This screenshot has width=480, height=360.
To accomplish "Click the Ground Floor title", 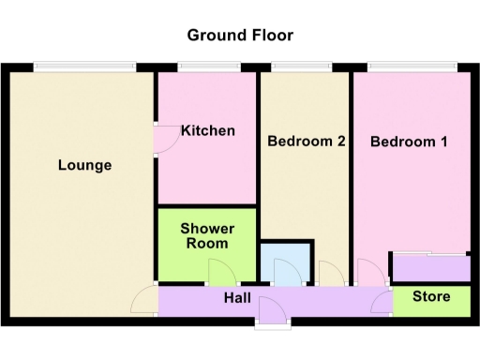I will [x=240, y=36].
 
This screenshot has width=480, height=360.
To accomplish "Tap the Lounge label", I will [x=84, y=165].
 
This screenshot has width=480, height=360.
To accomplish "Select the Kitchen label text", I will [x=208, y=130].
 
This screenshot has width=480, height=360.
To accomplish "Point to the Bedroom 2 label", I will [x=307, y=142].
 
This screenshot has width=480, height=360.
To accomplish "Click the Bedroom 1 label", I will [x=409, y=142].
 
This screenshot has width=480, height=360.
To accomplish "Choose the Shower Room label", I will [x=207, y=235].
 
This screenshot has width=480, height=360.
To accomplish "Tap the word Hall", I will [x=236, y=298].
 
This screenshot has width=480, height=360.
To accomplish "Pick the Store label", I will [x=431, y=297].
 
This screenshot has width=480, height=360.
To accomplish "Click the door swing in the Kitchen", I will [x=166, y=137].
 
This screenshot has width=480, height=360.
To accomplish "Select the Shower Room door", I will [x=221, y=273].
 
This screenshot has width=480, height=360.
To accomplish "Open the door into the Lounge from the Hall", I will [x=145, y=300].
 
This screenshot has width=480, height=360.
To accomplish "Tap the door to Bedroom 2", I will [x=331, y=273].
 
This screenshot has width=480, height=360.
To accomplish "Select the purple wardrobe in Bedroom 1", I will [x=430, y=267].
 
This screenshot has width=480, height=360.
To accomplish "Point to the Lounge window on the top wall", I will [x=85, y=67].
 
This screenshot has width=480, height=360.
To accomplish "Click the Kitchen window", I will [x=205, y=67].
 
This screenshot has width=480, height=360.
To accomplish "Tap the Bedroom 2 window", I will [x=301, y=67].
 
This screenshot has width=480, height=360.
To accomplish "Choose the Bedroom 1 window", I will [x=412, y=67].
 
